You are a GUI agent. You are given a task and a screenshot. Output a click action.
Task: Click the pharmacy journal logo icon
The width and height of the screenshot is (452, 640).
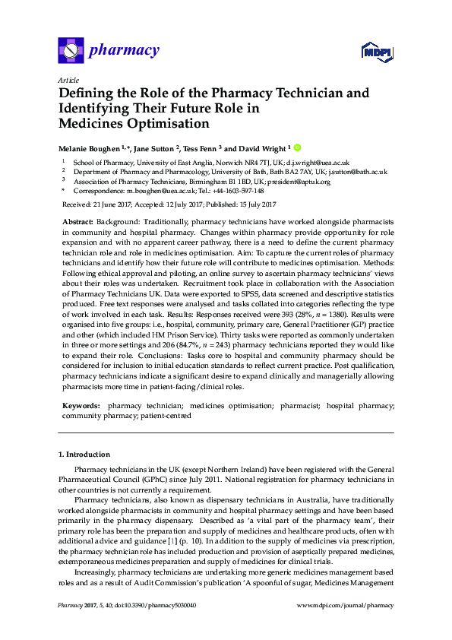coord(70,51)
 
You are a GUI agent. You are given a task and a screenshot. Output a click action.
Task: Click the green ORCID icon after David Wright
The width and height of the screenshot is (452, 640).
coord(297,148)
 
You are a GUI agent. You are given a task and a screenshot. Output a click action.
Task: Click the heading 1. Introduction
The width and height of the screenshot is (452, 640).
coord(84,455)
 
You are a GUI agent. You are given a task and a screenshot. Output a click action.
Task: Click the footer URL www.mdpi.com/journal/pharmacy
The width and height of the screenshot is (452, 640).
coord(346,606)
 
